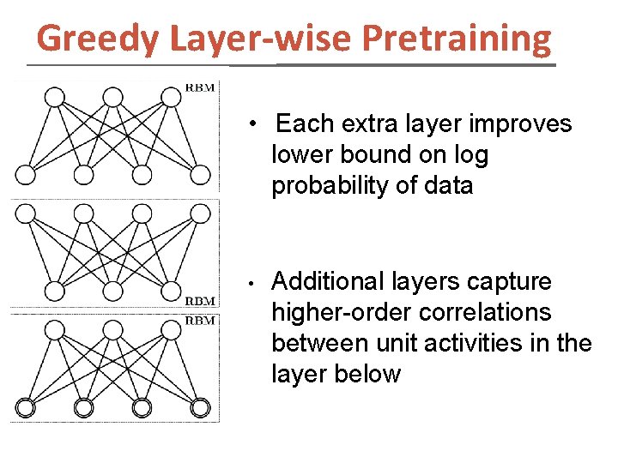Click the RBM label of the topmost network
pyautogui.click(x=203, y=86)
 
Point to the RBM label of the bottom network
pyautogui.click(x=203, y=320)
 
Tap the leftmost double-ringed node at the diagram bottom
pyautogui.click(x=26, y=408)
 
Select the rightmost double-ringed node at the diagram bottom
pyautogui.click(x=200, y=408)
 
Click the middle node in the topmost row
pyautogui.click(x=112, y=95)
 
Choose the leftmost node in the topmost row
pyautogui.click(x=54, y=95)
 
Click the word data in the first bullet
pyautogui.click(x=448, y=186)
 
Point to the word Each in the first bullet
pyautogui.click(x=305, y=124)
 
